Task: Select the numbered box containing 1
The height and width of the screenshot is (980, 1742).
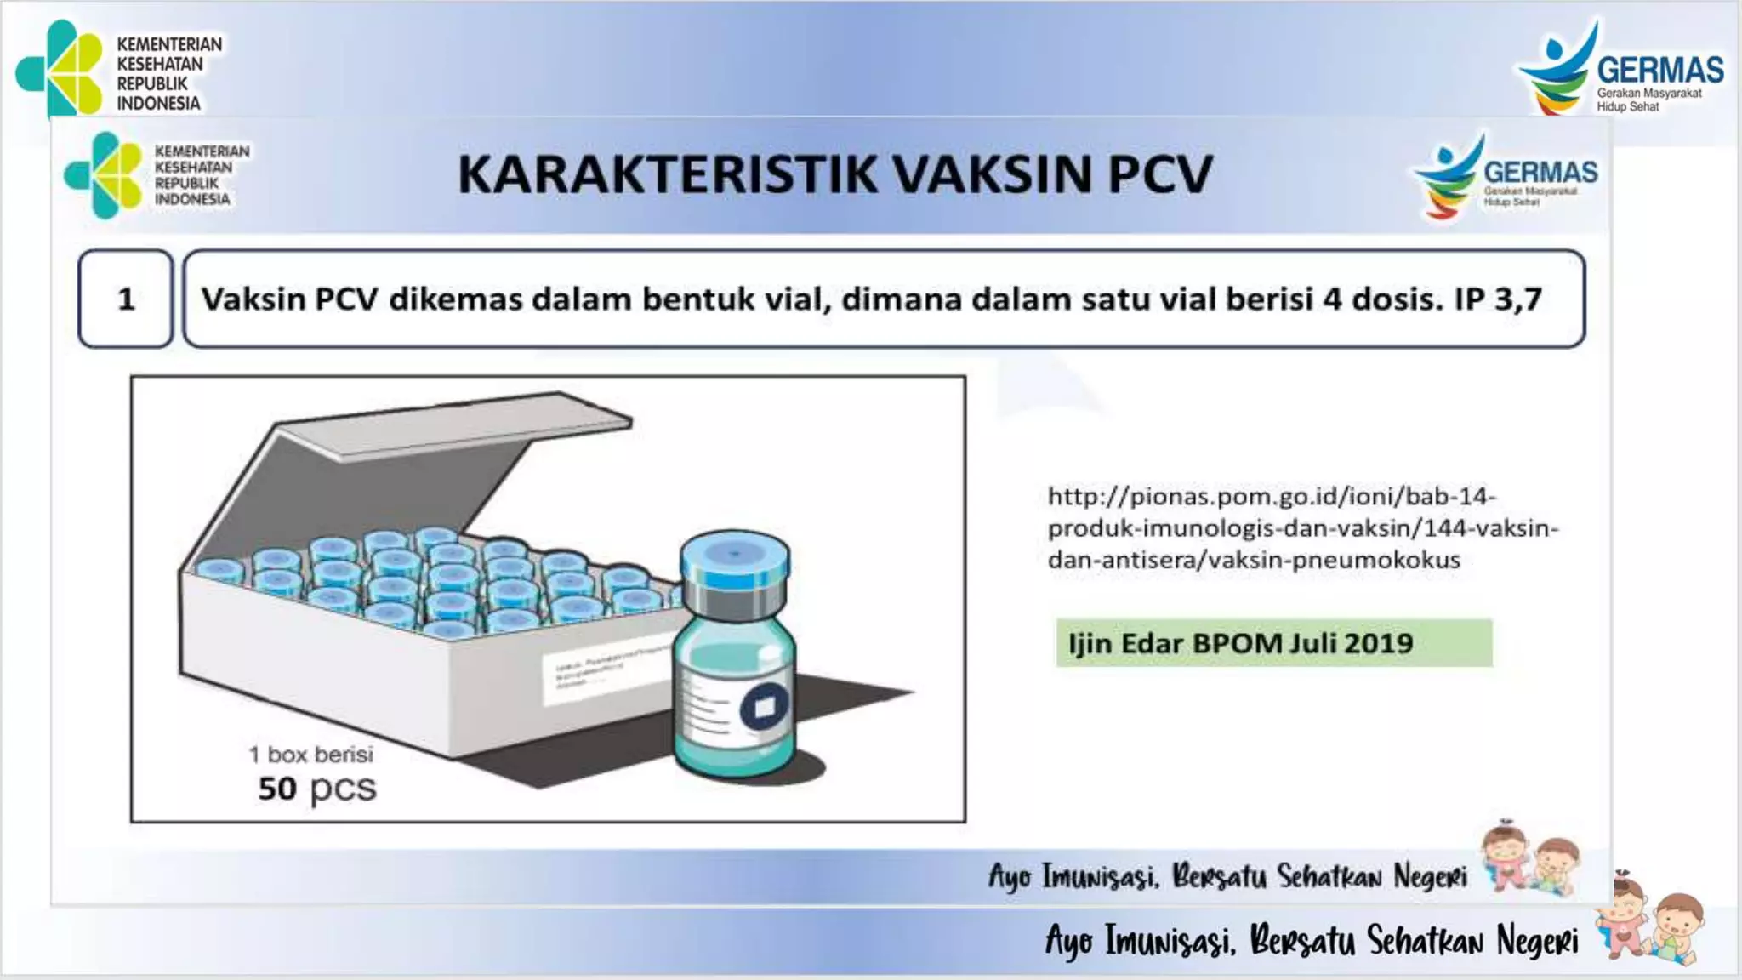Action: click(x=126, y=299)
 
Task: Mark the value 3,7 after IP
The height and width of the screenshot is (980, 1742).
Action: click(x=1517, y=299)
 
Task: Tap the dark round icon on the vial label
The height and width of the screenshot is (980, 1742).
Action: click(x=764, y=706)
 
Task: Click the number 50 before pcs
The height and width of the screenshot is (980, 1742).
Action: click(x=277, y=789)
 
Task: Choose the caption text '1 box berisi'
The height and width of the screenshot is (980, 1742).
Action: click(x=310, y=755)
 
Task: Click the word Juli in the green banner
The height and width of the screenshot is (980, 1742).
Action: click(x=1314, y=643)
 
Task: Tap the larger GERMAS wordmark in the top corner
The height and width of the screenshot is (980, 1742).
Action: click(x=1659, y=69)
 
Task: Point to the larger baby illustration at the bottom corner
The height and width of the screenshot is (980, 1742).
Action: click(x=1650, y=927)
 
